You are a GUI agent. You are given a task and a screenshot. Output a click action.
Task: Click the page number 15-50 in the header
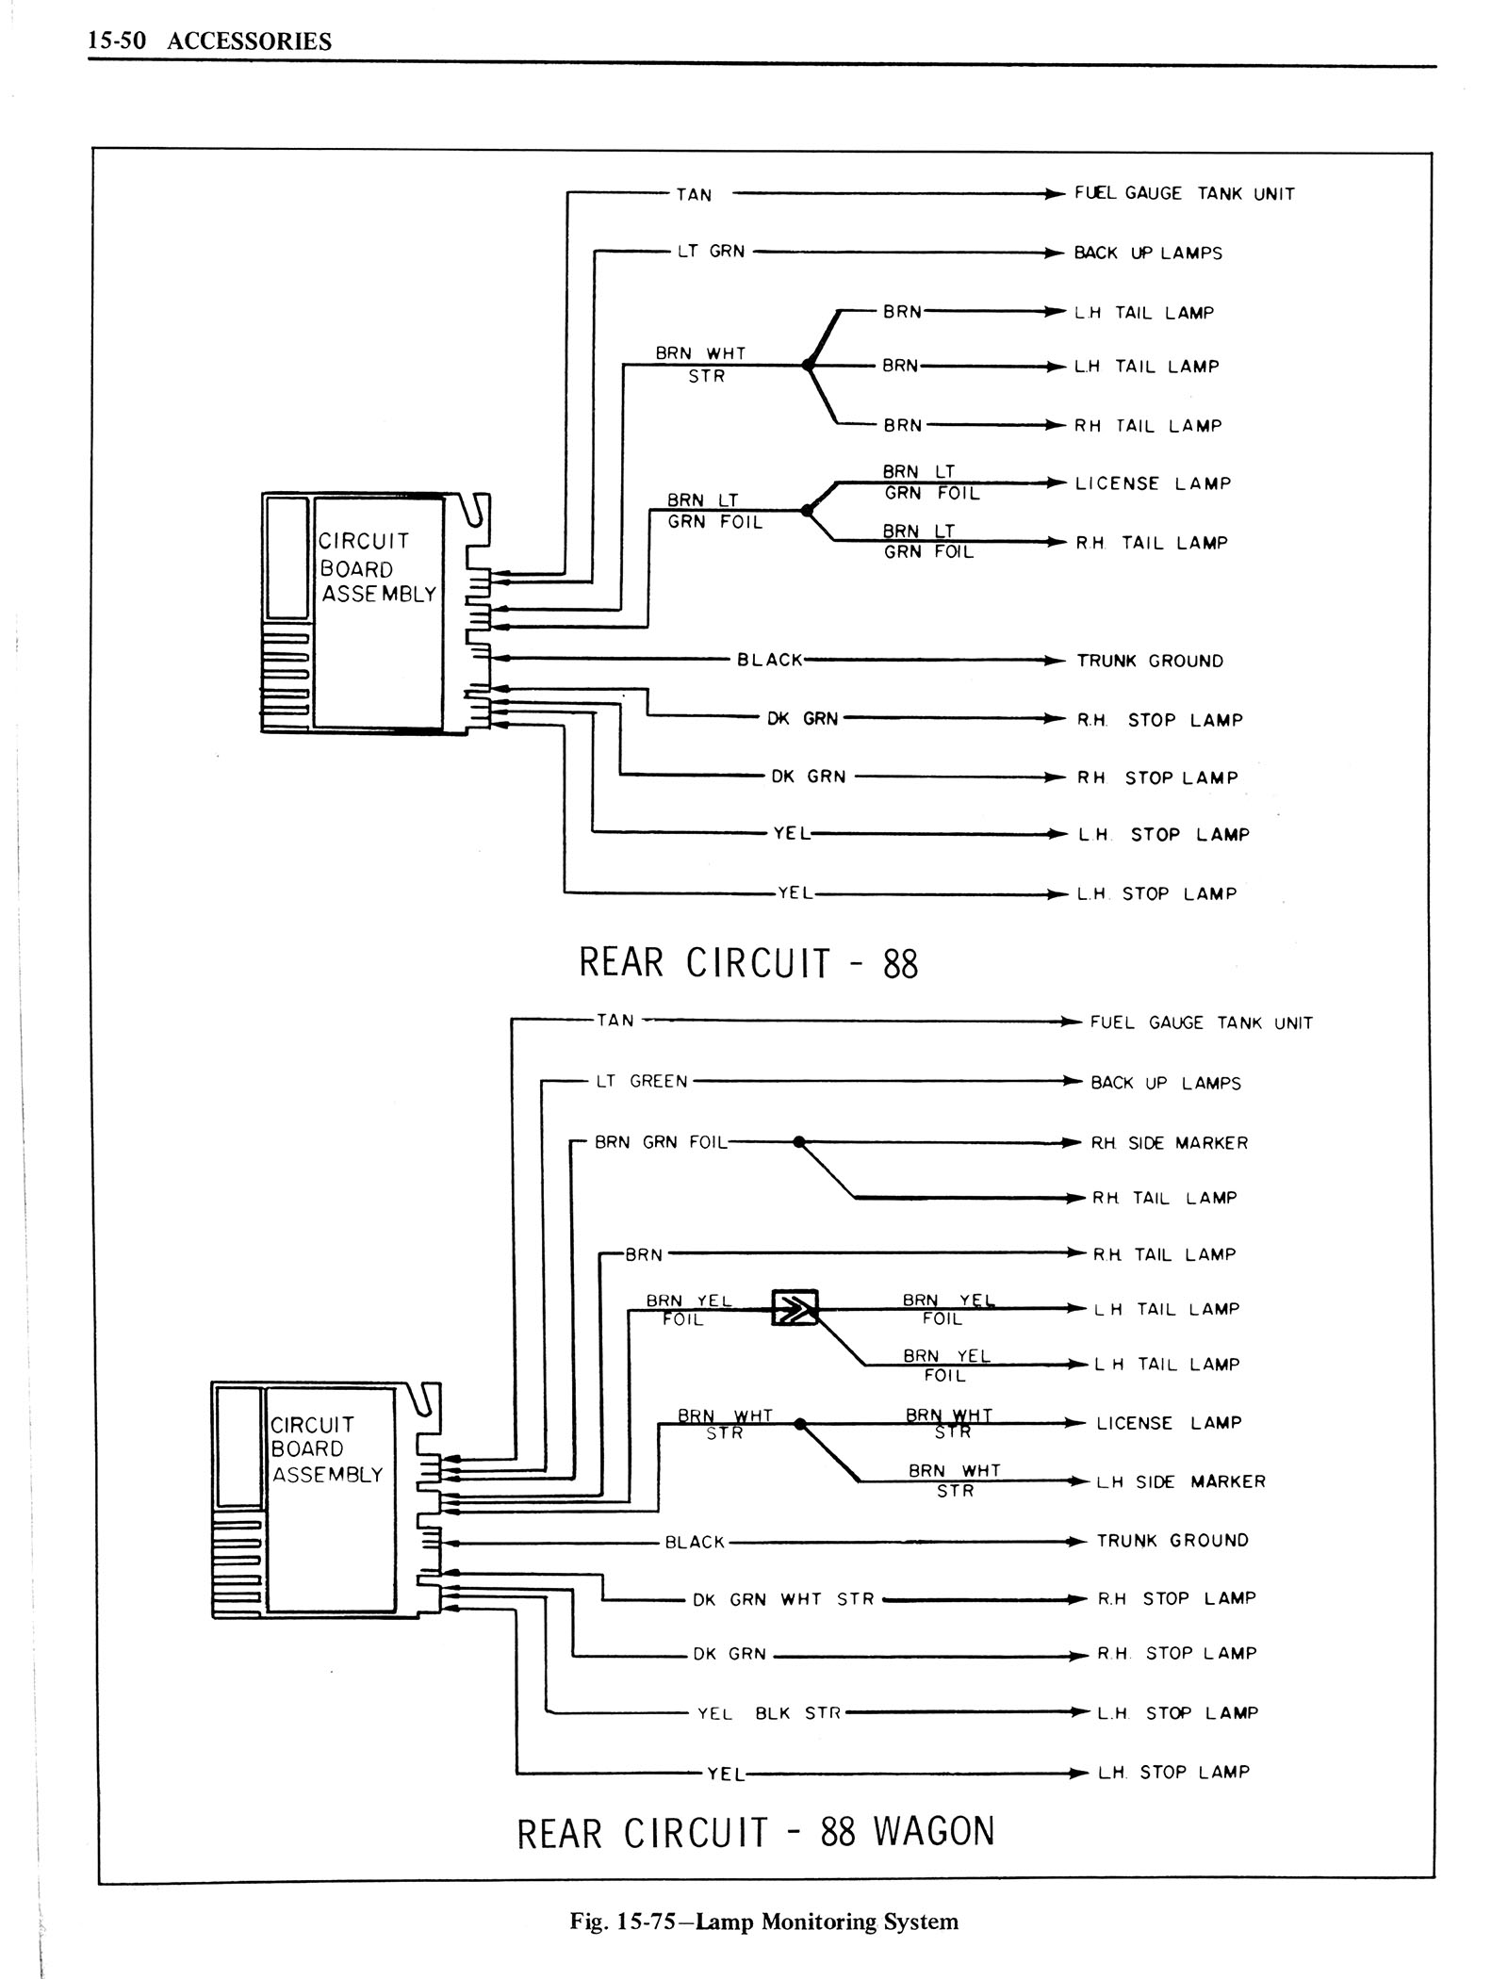point(112,41)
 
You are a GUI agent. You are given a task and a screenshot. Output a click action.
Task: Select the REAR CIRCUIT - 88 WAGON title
point(756,1833)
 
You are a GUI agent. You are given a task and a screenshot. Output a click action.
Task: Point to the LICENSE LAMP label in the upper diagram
point(1153,483)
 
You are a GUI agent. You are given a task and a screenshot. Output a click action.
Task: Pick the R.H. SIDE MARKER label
point(1169,1143)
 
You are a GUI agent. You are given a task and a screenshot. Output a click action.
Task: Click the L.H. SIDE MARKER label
point(1180,1482)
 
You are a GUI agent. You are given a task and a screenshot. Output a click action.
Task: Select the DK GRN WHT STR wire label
point(783,1599)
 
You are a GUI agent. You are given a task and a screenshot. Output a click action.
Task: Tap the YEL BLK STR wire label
point(768,1713)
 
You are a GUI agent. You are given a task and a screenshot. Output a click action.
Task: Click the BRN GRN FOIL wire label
point(661,1142)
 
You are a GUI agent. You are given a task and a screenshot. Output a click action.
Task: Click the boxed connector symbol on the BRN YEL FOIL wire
point(795,1308)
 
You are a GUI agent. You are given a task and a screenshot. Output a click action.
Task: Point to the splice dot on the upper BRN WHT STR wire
point(807,366)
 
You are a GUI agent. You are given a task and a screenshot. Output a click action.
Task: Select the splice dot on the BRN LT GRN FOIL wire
point(806,511)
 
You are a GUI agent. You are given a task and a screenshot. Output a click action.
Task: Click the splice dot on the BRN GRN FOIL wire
point(799,1142)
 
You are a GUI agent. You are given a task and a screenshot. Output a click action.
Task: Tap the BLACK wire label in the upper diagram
point(769,661)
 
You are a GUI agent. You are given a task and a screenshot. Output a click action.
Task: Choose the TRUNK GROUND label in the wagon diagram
point(1172,1541)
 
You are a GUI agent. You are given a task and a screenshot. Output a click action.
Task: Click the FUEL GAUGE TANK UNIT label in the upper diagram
point(1184,193)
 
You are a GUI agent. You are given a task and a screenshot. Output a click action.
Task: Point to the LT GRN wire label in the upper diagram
point(711,252)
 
